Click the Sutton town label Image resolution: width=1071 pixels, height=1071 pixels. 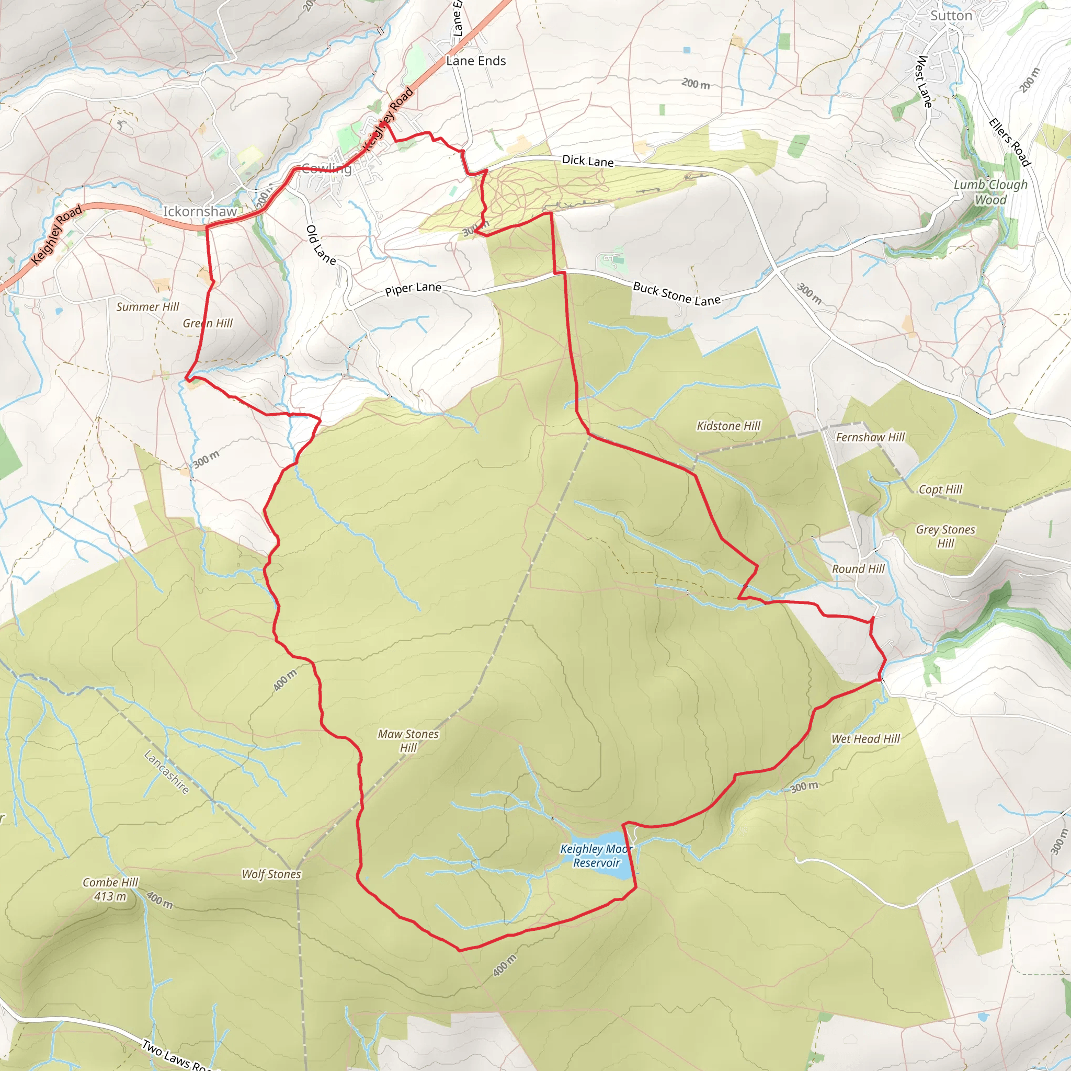click(x=951, y=16)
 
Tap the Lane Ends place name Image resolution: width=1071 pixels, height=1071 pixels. click(x=476, y=61)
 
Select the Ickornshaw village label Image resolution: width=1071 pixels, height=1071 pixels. click(x=200, y=211)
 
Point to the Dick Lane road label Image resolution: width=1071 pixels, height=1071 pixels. click(x=588, y=161)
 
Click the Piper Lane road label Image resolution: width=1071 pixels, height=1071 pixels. click(x=413, y=288)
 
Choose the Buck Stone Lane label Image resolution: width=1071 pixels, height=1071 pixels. click(x=676, y=294)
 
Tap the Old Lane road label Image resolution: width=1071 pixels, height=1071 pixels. click(x=321, y=244)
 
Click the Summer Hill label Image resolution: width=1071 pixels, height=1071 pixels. click(x=147, y=306)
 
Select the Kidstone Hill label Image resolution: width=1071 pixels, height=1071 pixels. click(x=728, y=426)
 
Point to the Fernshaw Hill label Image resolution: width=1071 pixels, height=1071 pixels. click(x=870, y=437)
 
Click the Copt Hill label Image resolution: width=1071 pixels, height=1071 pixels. click(x=940, y=489)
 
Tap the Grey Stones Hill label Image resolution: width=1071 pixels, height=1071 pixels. click(x=945, y=536)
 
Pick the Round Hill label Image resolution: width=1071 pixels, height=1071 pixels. click(x=858, y=569)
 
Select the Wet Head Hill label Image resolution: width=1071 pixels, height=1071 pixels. click(x=865, y=739)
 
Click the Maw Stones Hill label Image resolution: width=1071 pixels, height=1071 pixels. click(x=408, y=740)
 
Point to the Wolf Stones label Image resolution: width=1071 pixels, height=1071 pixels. click(x=271, y=874)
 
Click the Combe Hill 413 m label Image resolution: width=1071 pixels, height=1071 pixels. click(x=110, y=889)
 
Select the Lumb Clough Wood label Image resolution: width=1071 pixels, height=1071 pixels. click(x=990, y=192)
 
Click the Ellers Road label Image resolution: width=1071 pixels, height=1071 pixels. click(x=1010, y=142)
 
